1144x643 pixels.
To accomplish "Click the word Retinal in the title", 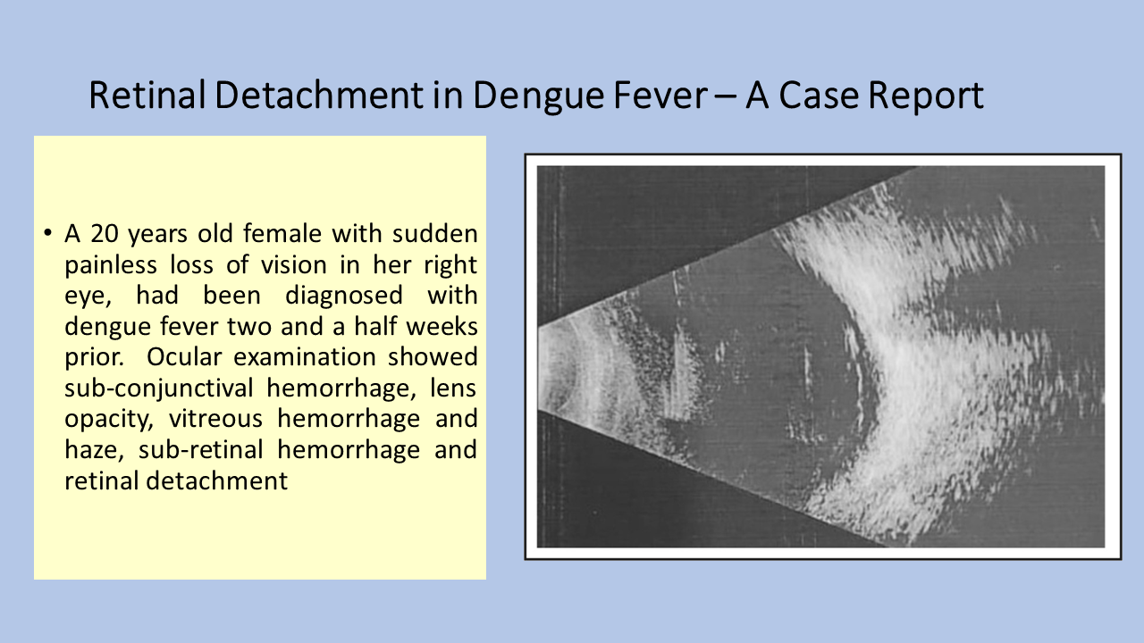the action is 147,95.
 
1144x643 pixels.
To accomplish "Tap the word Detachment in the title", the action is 319,95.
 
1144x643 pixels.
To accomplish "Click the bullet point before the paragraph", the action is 48,234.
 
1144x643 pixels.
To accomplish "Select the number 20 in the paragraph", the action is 105,234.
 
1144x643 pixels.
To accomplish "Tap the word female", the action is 282,234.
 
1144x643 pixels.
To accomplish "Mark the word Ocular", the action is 184,357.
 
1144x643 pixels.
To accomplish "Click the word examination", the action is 305,357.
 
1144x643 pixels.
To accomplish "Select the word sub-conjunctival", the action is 159,388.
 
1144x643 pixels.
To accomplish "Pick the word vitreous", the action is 215,419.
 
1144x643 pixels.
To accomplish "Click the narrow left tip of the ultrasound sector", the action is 539,367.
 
